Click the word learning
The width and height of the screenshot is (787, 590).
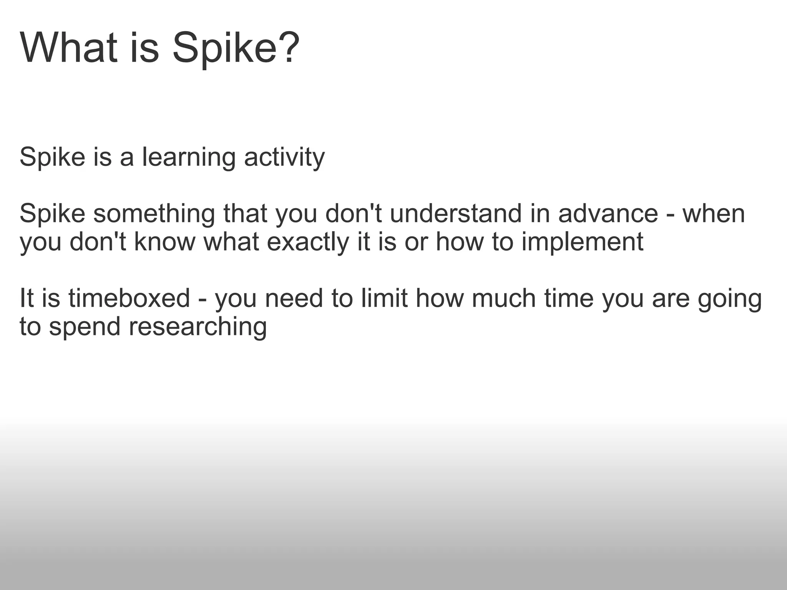pos(189,158)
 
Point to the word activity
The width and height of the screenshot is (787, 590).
pos(284,158)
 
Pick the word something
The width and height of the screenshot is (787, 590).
pos(154,214)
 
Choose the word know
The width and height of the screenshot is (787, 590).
pos(165,242)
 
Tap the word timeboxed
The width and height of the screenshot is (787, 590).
pos(130,298)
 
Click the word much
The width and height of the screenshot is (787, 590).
pos(504,298)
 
